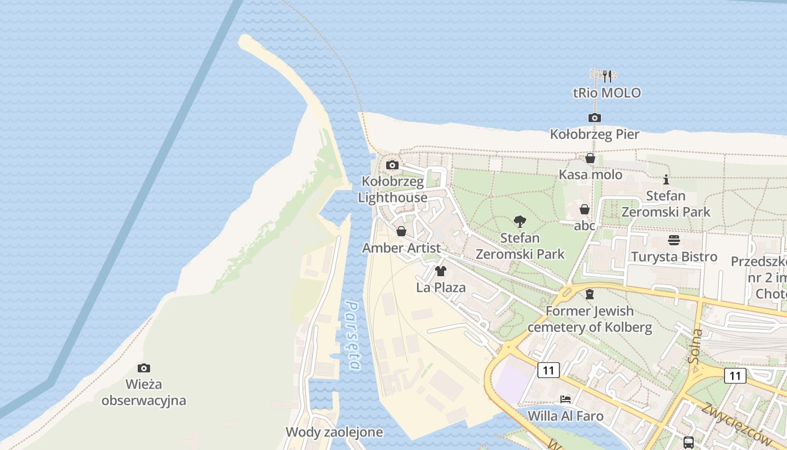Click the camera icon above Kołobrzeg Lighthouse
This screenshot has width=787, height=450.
392,165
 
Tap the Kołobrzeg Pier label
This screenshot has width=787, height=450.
594,134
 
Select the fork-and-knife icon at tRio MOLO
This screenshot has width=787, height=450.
607,76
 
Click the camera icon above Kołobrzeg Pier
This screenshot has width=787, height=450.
594,118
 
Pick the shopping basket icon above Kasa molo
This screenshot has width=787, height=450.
590,159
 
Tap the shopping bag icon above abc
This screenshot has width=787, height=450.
585,209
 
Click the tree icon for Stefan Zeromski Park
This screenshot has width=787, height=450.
520,222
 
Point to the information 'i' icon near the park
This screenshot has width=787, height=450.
666,179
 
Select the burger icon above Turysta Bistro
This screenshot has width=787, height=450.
674,240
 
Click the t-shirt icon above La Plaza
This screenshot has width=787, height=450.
441,271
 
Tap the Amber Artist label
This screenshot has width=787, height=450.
401,247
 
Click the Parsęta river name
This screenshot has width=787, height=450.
352,336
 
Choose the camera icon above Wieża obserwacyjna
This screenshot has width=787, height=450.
144,368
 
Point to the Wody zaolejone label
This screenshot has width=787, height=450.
334,432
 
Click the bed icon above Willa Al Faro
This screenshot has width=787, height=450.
566,399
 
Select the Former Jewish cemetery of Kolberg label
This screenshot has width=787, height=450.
590,319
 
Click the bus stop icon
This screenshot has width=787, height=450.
688,442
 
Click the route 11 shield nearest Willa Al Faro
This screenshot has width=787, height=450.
548,370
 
